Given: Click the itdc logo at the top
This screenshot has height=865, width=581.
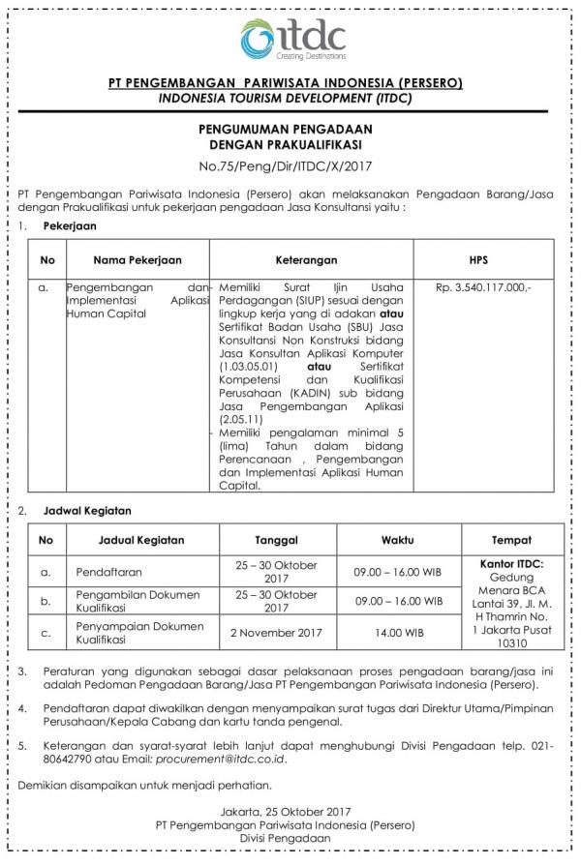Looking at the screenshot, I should (293, 39).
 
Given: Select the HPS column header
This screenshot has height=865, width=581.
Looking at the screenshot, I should (483, 260).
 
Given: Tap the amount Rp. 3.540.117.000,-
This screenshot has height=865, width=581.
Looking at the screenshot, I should (483, 287).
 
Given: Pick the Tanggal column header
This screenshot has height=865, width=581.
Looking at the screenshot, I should (276, 539).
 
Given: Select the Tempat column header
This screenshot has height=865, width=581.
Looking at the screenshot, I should (511, 539).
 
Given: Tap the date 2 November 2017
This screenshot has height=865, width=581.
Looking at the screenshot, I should (276, 633).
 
